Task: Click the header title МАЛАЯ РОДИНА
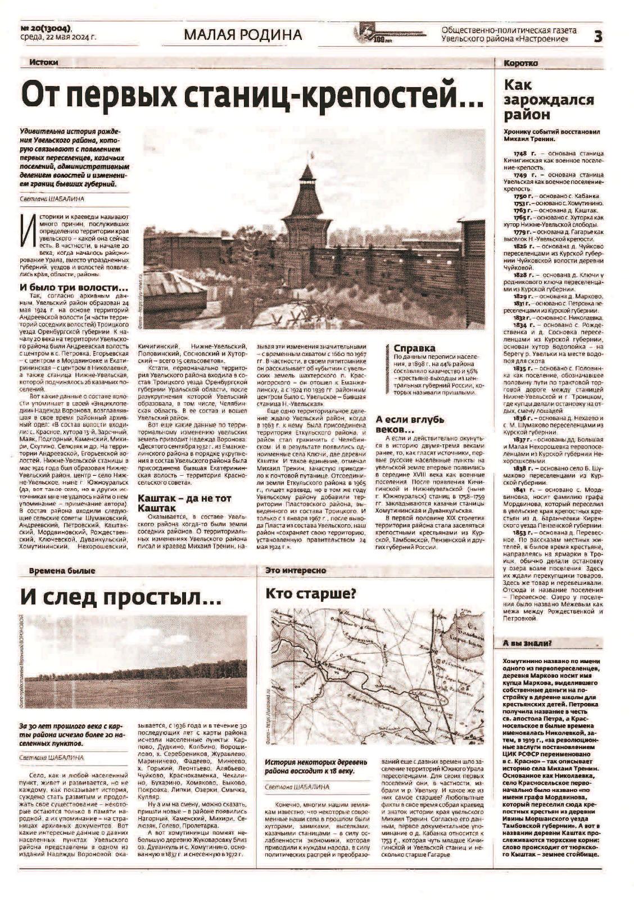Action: click(x=243, y=35)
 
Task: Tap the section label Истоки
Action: click(x=44, y=62)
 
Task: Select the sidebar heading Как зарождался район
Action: click(x=549, y=100)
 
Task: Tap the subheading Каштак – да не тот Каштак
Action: click(x=184, y=503)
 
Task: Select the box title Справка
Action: click(x=414, y=348)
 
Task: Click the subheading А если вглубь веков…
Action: click(x=410, y=425)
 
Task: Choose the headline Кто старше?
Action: click(x=311, y=594)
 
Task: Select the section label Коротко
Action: click(x=520, y=63)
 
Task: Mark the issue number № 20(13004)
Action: click(x=47, y=28)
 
